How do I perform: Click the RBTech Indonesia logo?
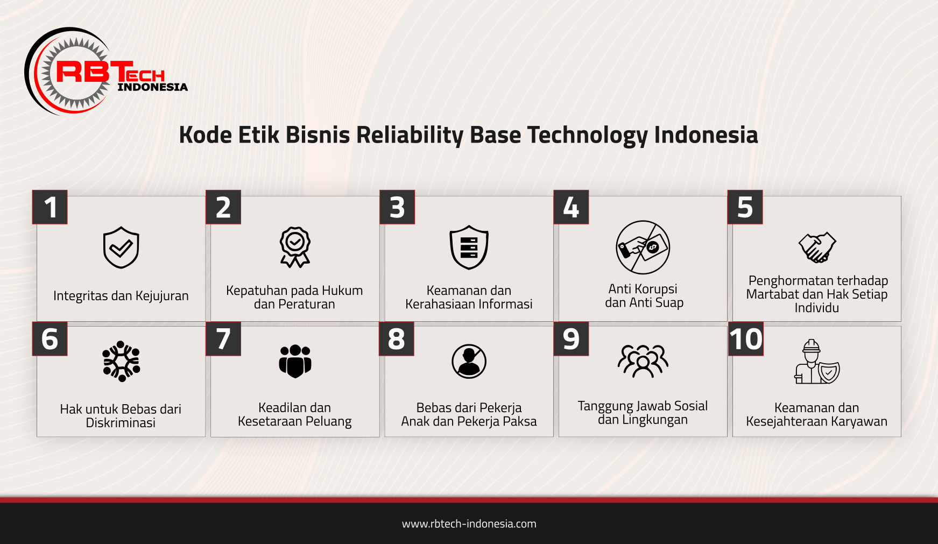tap(106, 71)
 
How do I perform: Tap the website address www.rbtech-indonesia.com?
tap(469, 524)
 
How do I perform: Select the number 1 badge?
tap(50, 207)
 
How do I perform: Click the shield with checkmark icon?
tap(121, 248)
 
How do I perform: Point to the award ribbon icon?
tap(295, 247)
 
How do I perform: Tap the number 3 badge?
tap(397, 207)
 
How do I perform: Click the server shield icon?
tap(469, 247)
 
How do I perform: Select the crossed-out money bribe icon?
tap(643, 247)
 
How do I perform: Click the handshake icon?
tap(817, 247)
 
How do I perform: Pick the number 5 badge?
tap(745, 207)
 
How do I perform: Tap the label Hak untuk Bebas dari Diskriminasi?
tap(121, 416)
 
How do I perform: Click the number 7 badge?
tap(223, 339)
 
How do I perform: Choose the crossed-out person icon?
tap(469, 361)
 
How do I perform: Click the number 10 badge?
tap(745, 339)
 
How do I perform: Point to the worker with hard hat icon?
tap(816, 362)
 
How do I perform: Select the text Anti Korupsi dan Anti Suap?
tap(644, 296)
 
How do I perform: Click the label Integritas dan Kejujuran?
tap(121, 296)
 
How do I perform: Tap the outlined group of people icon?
tap(643, 361)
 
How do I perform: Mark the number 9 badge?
tap(571, 339)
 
